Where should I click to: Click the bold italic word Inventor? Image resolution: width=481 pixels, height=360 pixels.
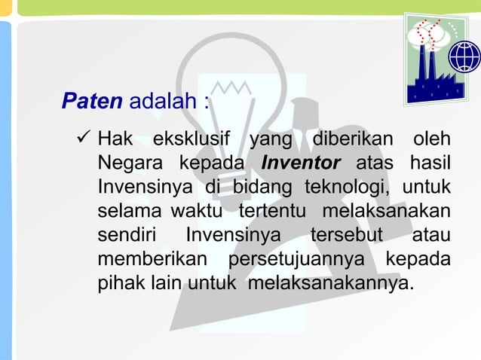[301, 163]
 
